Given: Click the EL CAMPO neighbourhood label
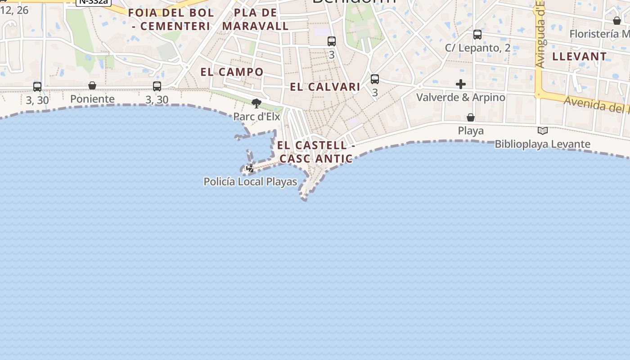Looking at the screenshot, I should pyautogui.click(x=232, y=72).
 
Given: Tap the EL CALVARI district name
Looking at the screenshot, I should pyautogui.click(x=325, y=87).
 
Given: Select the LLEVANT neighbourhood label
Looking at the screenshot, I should pyautogui.click(x=579, y=57).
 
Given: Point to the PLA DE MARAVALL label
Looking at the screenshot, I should pyautogui.click(x=256, y=19).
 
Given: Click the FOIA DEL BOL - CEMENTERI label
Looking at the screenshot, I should pyautogui.click(x=171, y=19).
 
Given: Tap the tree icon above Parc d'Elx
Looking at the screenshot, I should pyautogui.click(x=256, y=104).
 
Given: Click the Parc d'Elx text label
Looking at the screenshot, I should pyautogui.click(x=256, y=117).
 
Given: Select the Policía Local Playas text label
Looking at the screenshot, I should pyautogui.click(x=250, y=182).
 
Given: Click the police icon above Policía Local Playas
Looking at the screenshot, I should pyautogui.click(x=250, y=169).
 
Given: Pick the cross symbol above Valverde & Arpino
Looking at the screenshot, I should pyautogui.click(x=461, y=84).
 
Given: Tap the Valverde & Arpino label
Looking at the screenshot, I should pyautogui.click(x=461, y=97).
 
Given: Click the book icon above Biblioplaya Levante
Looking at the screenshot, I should pyautogui.click(x=543, y=131).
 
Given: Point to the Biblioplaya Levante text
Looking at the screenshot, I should pyautogui.click(x=543, y=144).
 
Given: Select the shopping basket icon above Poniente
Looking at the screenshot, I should pyautogui.click(x=92, y=85).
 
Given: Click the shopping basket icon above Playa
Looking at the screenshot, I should pyautogui.click(x=471, y=117).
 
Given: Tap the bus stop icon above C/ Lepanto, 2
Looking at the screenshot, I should pyautogui.click(x=477, y=35).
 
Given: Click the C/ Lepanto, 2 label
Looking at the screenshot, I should pyautogui.click(x=477, y=48).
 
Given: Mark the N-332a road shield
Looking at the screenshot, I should pyautogui.click(x=93, y=2).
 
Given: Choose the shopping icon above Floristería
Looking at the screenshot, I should pyautogui.click(x=617, y=21).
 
